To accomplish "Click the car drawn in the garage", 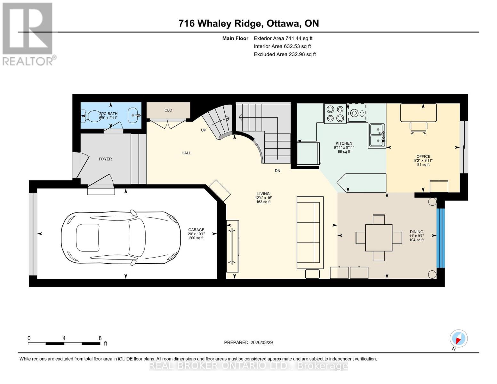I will (121, 238).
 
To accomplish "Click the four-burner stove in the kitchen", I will (335, 114).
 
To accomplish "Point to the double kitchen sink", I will (377, 135).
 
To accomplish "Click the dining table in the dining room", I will (379, 237).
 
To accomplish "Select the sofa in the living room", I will (310, 233).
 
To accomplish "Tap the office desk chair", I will (419, 128).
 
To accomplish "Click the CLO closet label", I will (168, 110).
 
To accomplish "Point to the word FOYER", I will (105, 159).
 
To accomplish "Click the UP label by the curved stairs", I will (203, 130).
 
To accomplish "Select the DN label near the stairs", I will (277, 171).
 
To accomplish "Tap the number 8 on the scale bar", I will (100, 338).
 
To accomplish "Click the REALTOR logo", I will (28, 34).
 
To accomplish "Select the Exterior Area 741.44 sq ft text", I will (283, 38).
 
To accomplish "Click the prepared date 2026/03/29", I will (261, 342).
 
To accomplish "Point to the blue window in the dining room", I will (441, 238).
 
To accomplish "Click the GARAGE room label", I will (196, 230).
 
